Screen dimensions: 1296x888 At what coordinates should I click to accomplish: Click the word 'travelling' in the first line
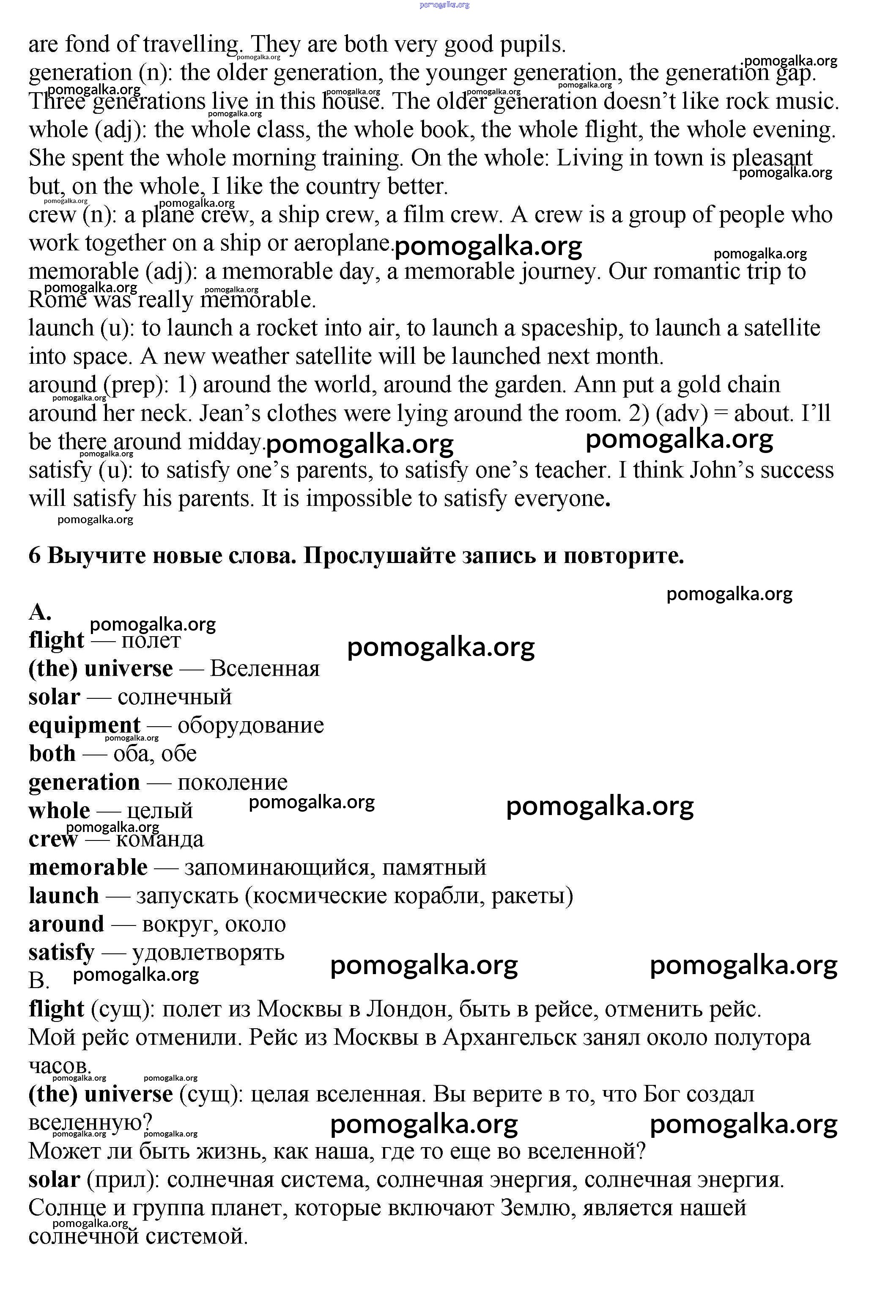pyautogui.click(x=191, y=44)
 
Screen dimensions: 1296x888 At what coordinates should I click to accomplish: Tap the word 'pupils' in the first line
pyautogui.click(x=532, y=44)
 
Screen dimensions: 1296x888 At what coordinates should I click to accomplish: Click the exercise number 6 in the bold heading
pyautogui.click(x=35, y=555)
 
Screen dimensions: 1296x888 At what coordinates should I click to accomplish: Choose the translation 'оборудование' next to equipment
pyautogui.click(x=250, y=725)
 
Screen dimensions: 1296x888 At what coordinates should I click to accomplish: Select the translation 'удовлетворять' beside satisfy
pyautogui.click(x=208, y=953)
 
